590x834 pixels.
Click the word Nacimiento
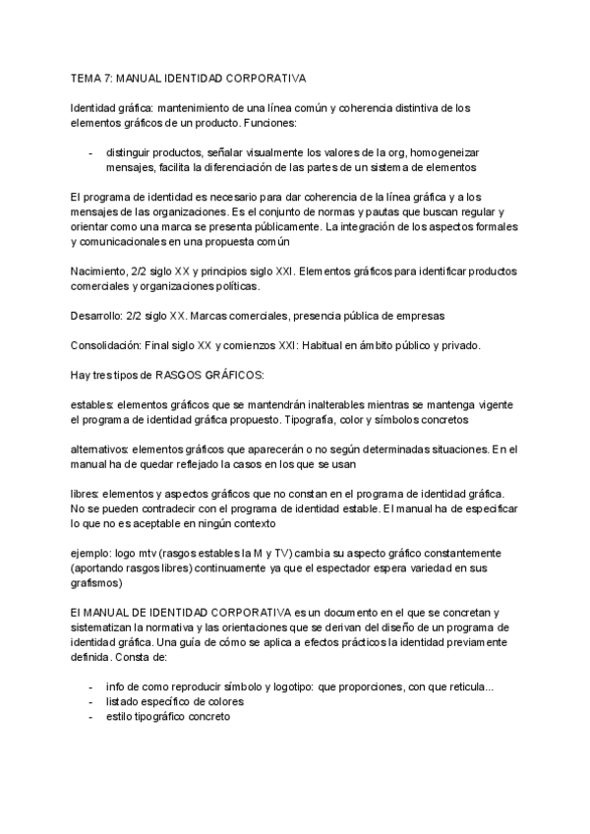pyautogui.click(x=101, y=270)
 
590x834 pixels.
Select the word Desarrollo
pyautogui.click(x=97, y=316)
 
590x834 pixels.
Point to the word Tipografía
pyautogui.click(x=278, y=420)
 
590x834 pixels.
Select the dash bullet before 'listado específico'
pyautogui.click(x=91, y=702)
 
